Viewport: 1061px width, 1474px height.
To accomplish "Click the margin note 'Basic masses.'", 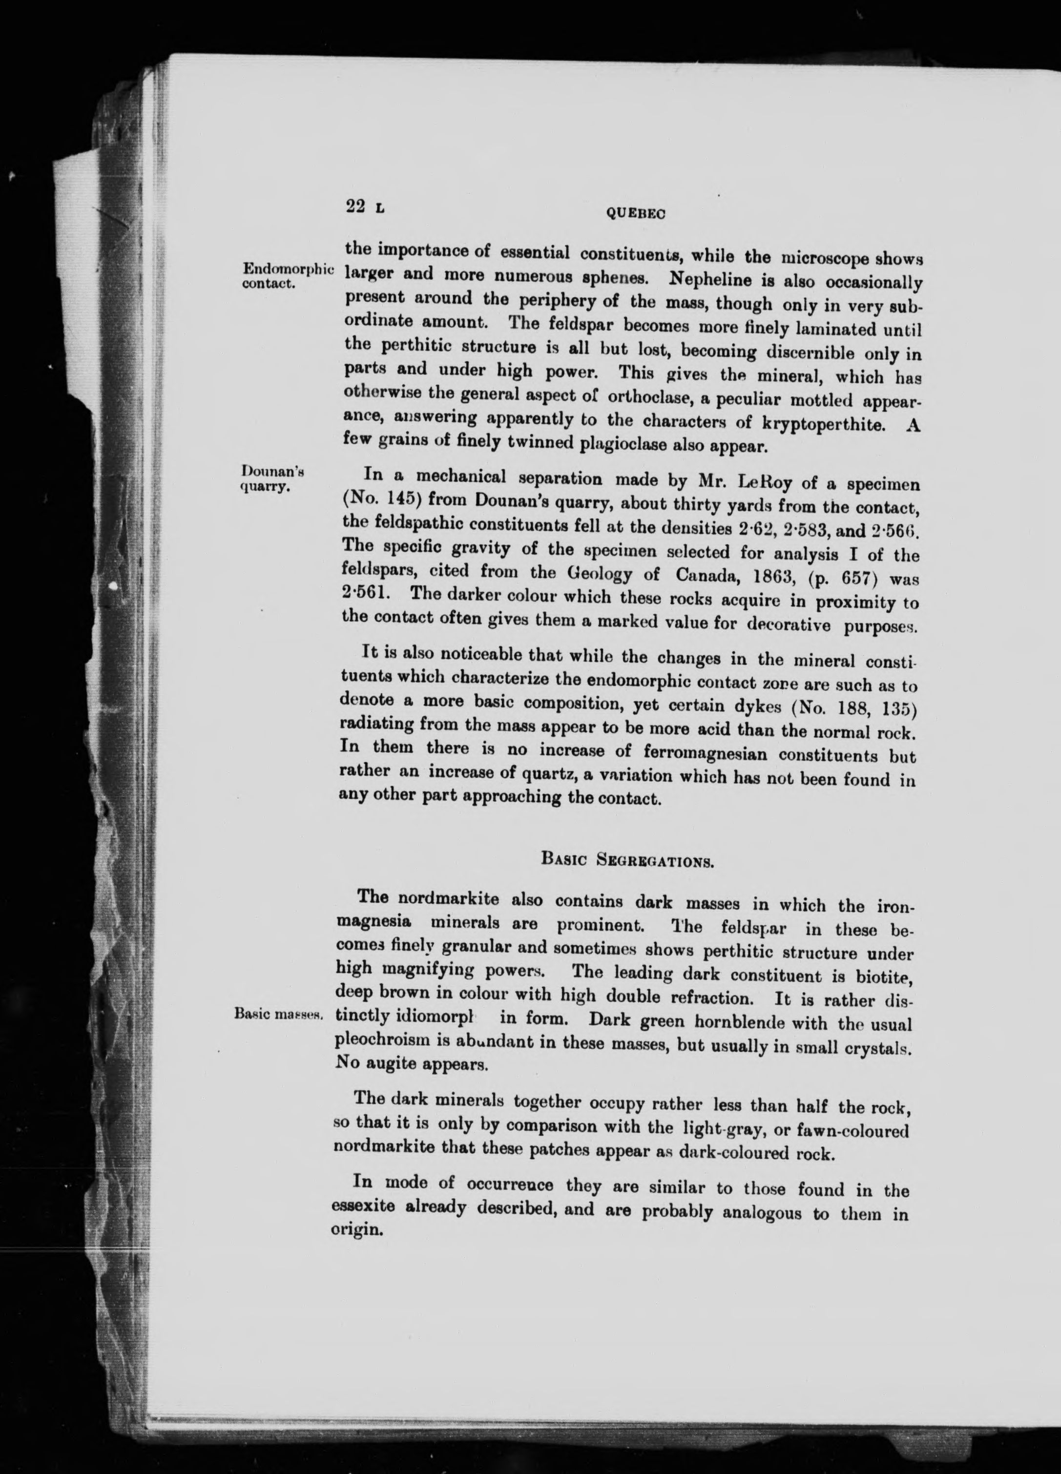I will [x=279, y=1015].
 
